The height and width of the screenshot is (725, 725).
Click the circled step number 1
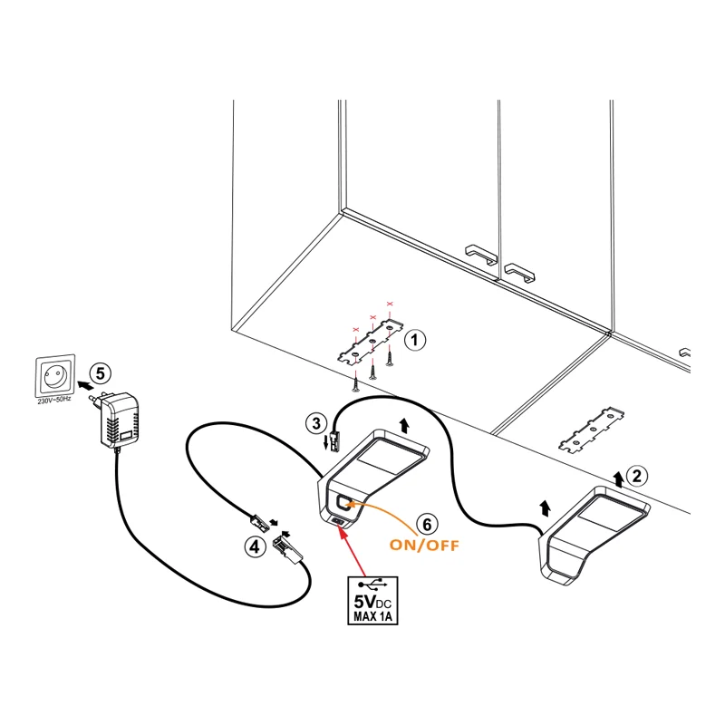[413, 341]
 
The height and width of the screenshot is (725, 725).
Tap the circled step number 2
[638, 474]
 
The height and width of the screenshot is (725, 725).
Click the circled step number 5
[101, 372]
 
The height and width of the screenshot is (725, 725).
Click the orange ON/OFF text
[424, 546]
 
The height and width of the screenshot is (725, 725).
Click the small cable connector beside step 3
[334, 441]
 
